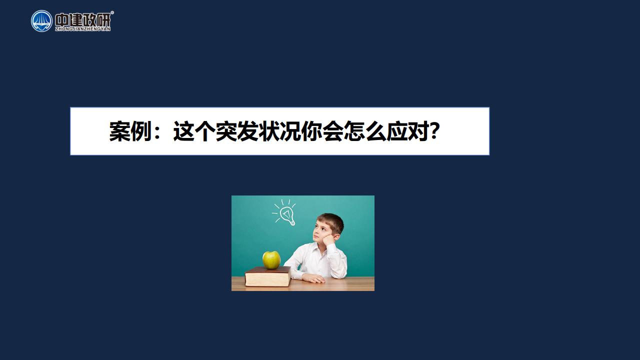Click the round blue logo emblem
41,21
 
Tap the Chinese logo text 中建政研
82,19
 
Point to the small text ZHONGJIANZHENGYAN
82,29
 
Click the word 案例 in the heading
130,131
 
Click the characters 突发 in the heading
237,131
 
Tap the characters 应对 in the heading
408,131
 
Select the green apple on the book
271,260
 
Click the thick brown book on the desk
267,276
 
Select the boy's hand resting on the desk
313,278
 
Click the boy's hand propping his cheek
328,239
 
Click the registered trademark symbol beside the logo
112,12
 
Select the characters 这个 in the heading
194,131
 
